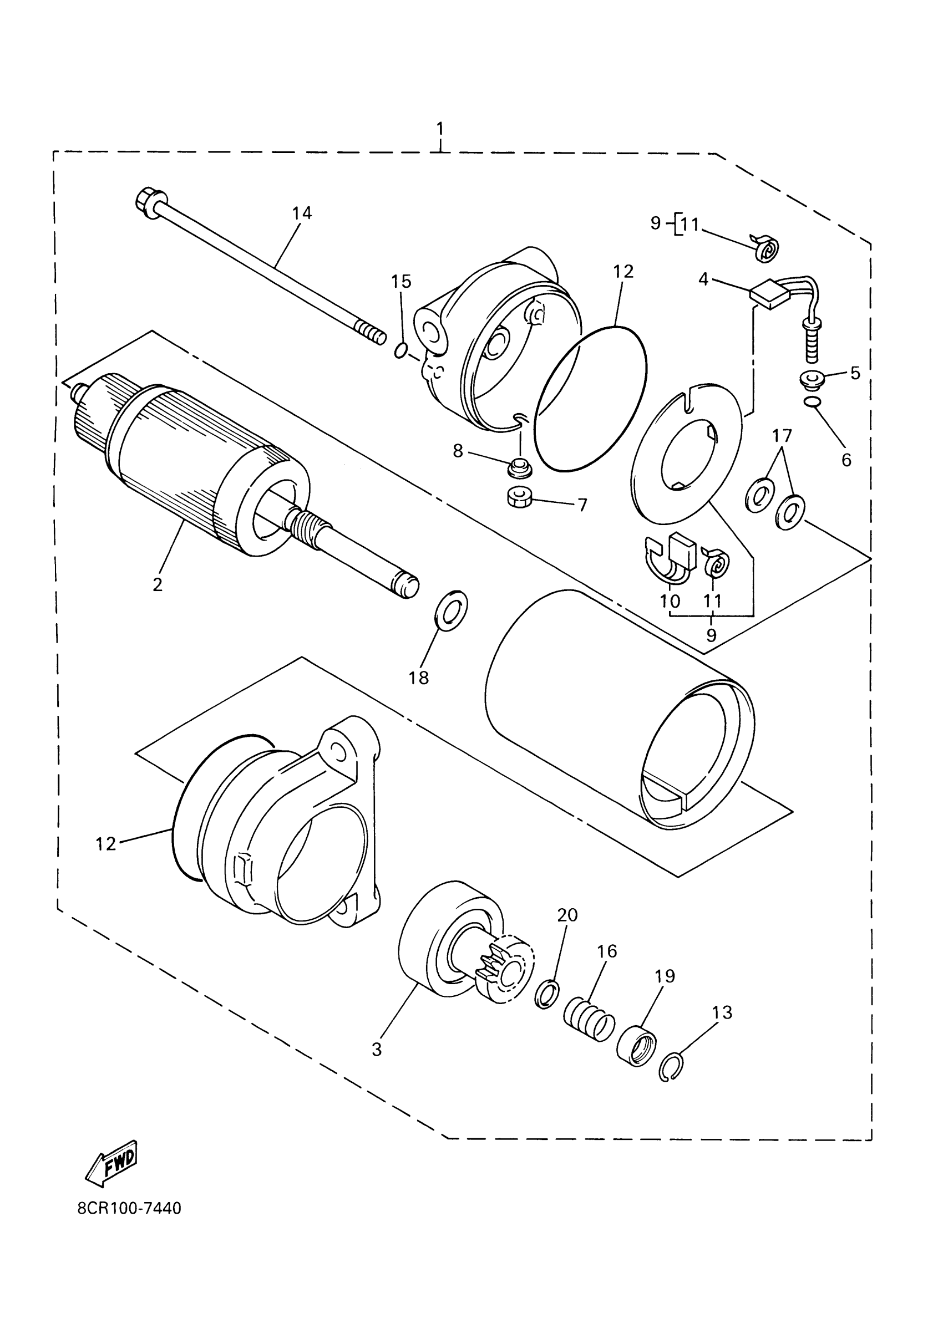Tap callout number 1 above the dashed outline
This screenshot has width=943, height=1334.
pos(440,129)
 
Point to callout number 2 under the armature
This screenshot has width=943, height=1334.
pos(158,584)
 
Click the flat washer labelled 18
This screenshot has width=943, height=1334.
pos(450,610)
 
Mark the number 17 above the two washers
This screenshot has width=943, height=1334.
pos(782,435)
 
